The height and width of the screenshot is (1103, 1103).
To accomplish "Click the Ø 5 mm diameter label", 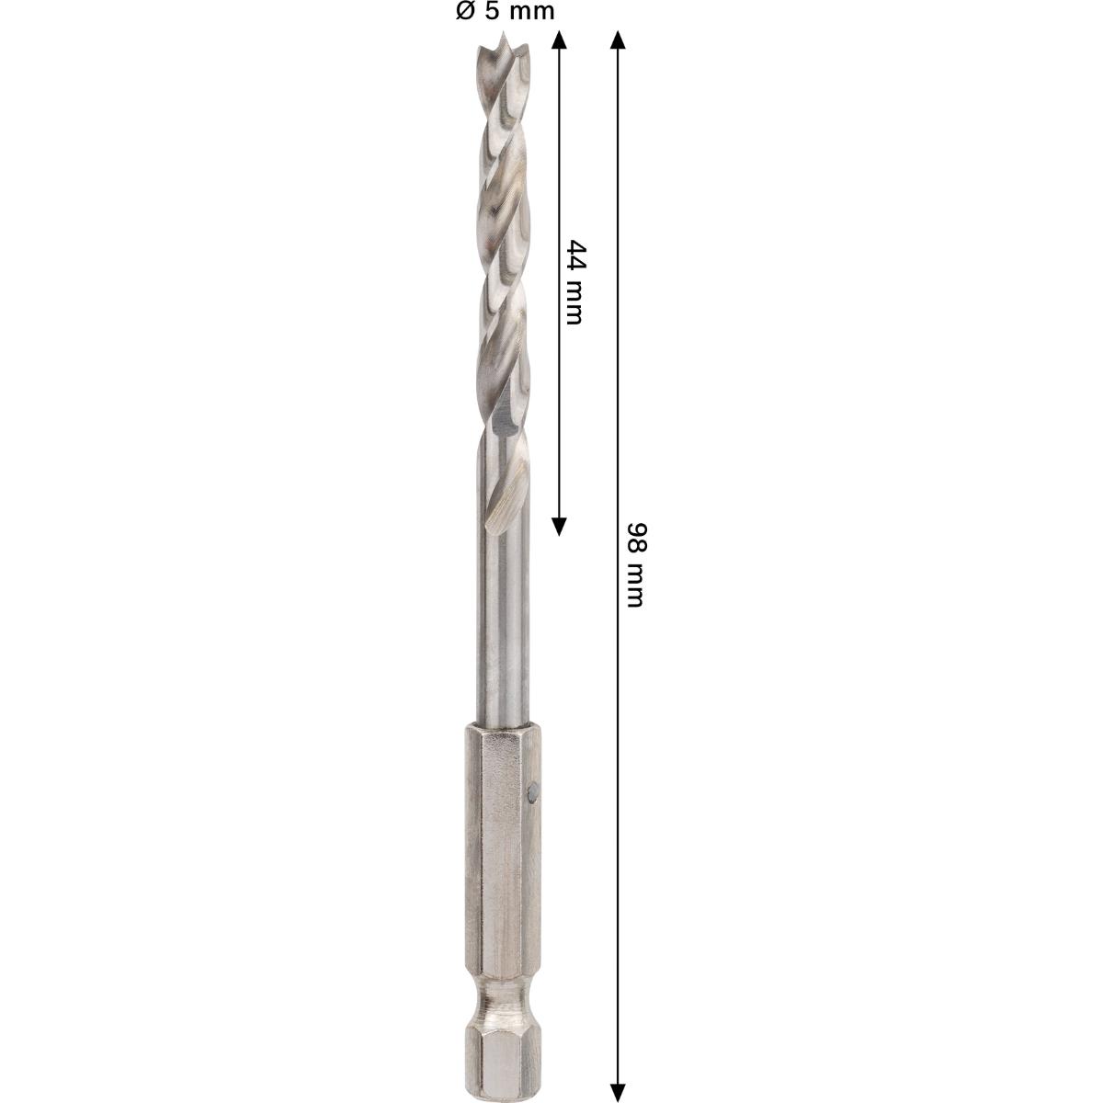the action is coord(506,10).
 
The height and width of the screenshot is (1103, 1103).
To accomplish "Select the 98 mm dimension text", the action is coord(635,565).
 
